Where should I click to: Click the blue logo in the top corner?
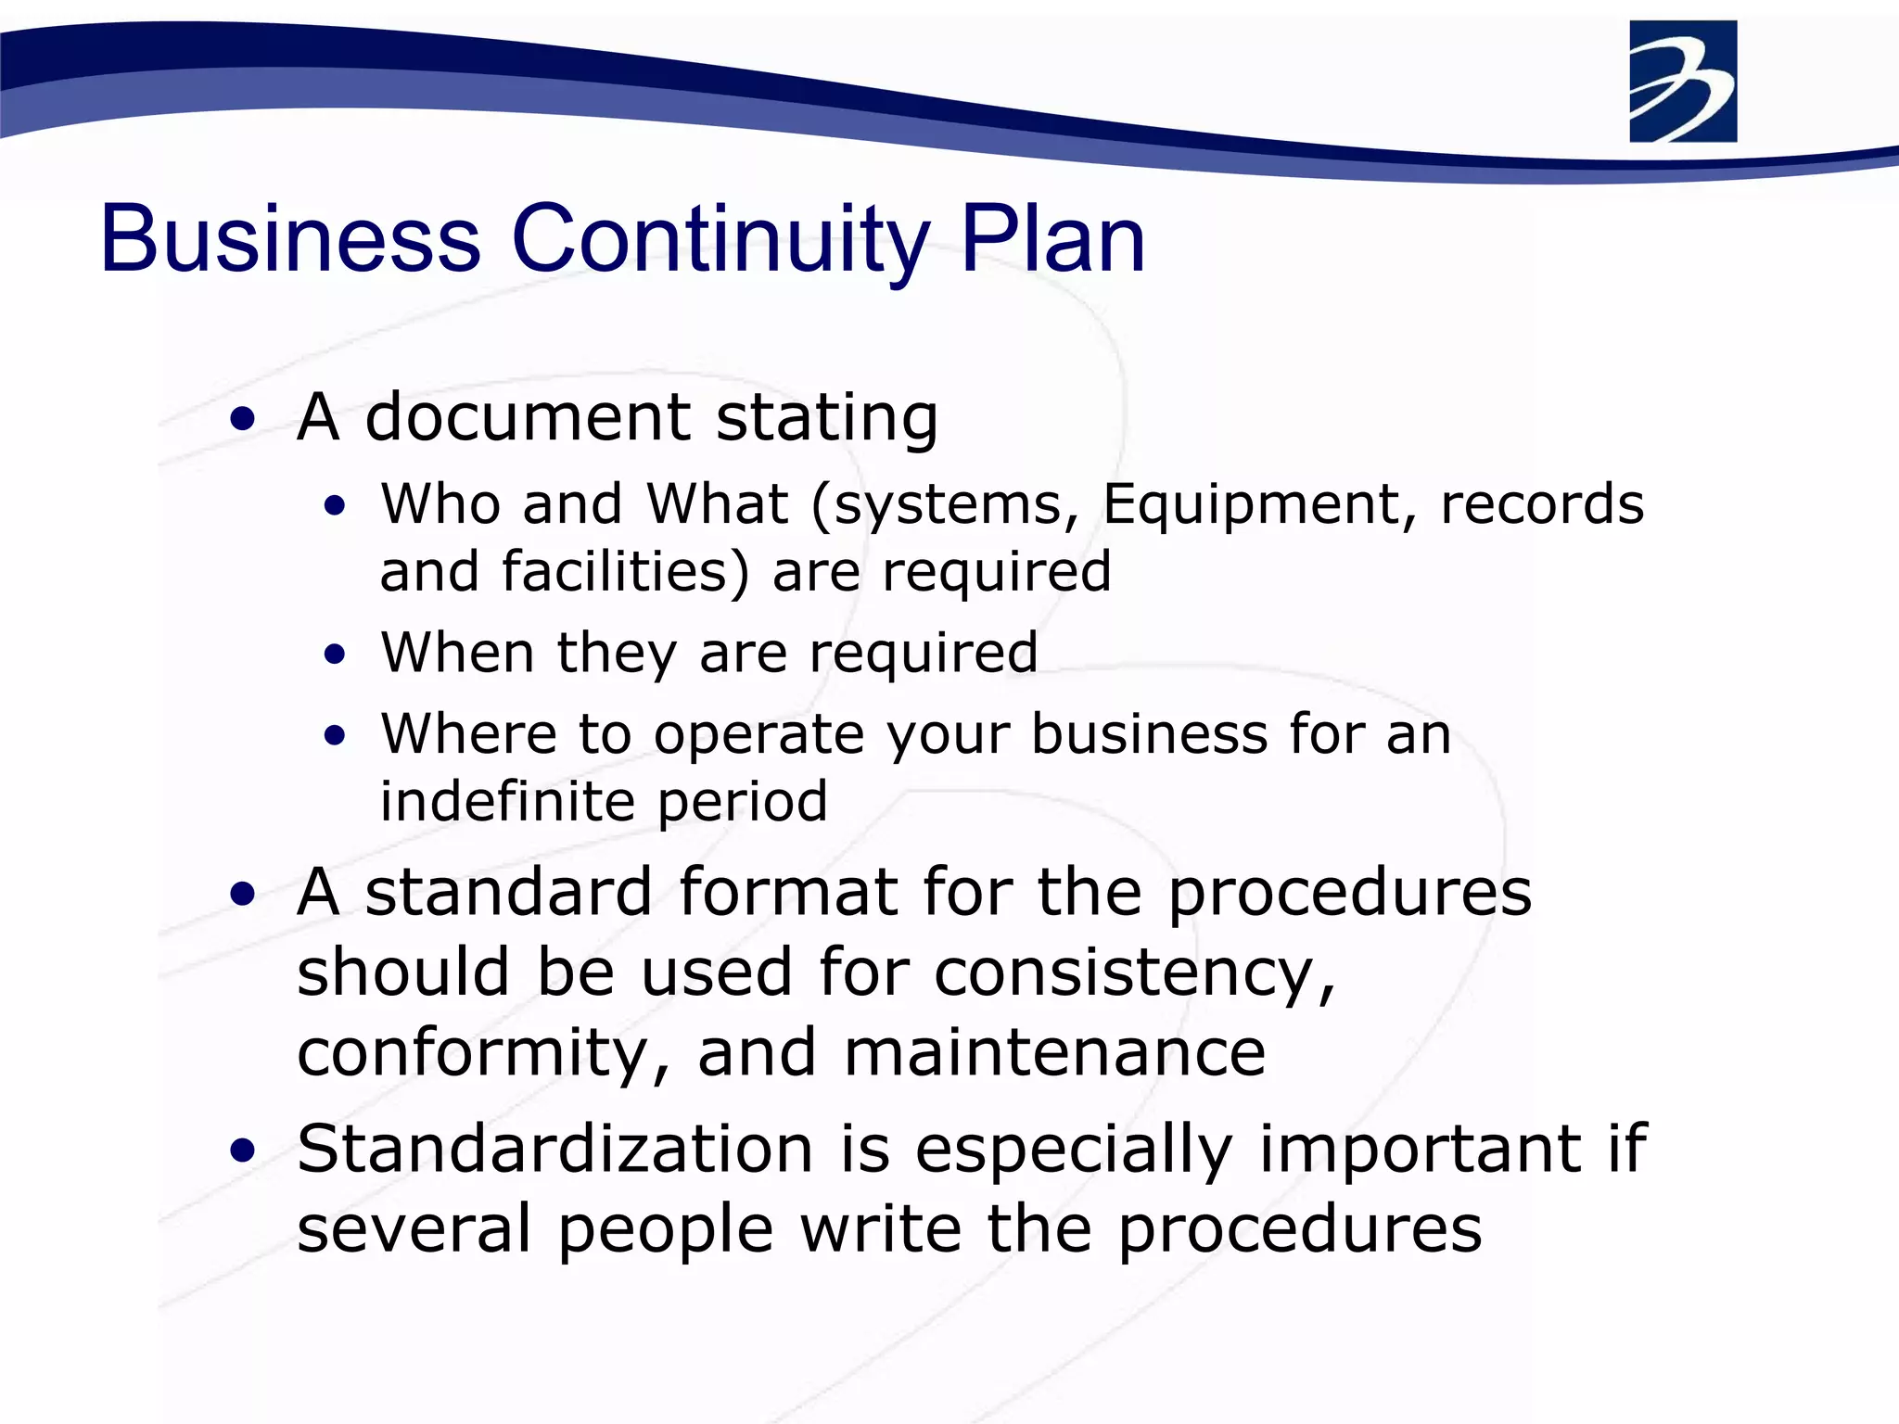pyautogui.click(x=1683, y=82)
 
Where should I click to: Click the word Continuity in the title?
pyautogui.click(x=720, y=239)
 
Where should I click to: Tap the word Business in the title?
pyautogui.click(x=290, y=239)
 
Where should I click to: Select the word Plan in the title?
pyautogui.click(x=1053, y=239)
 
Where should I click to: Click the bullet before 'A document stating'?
pyautogui.click(x=243, y=419)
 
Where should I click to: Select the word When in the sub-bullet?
pyautogui.click(x=457, y=652)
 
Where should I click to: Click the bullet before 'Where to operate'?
pyautogui.click(x=335, y=736)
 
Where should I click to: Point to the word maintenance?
pyautogui.click(x=1054, y=1053)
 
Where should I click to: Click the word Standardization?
pyautogui.click(x=554, y=1149)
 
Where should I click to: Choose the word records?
pyautogui.click(x=1541, y=505)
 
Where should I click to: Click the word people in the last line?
pyautogui.click(x=666, y=1231)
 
